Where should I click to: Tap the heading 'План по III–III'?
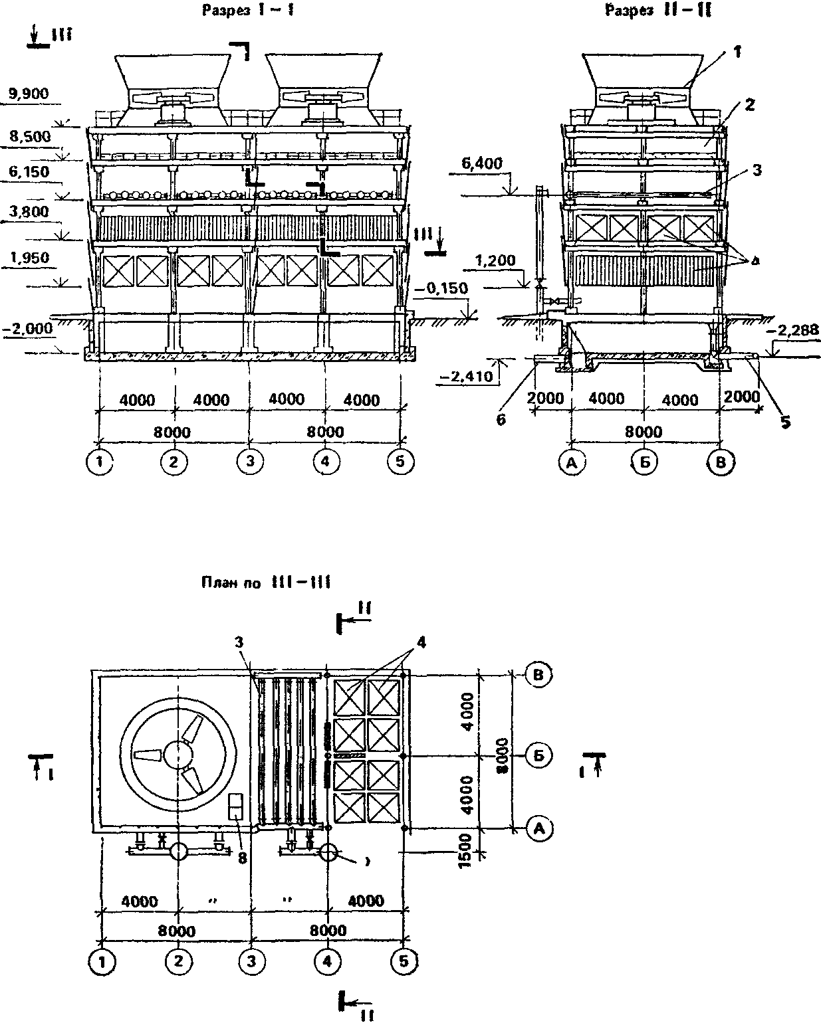click(x=266, y=583)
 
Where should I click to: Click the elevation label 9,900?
click(x=29, y=93)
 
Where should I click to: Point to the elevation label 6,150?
click(x=29, y=172)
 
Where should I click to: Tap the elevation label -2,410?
click(x=465, y=377)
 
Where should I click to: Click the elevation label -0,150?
click(x=443, y=289)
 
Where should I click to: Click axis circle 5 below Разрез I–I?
click(x=400, y=462)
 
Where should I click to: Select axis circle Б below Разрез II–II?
click(x=644, y=464)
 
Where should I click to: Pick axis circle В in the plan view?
click(x=539, y=674)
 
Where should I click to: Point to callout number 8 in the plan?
click(x=243, y=858)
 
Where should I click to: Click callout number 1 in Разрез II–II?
click(x=737, y=51)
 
